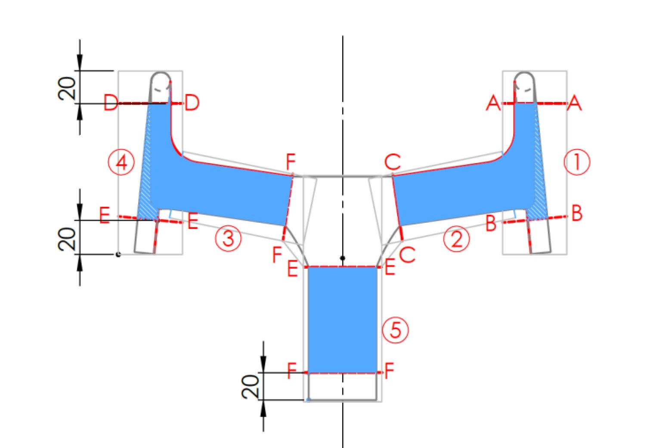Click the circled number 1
pyautogui.click(x=576, y=162)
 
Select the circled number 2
pyautogui.click(x=456, y=239)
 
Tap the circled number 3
pyautogui.click(x=228, y=238)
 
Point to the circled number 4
pyautogui.click(x=121, y=163)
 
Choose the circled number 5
pyautogui.click(x=395, y=330)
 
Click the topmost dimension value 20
pyautogui.click(x=67, y=88)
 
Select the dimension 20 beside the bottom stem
pyautogui.click(x=250, y=386)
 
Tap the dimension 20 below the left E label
pyautogui.click(x=67, y=239)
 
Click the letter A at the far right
pyautogui.click(x=574, y=103)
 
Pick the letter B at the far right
pyautogui.click(x=576, y=213)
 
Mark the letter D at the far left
pyautogui.click(x=111, y=103)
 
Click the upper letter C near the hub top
pyautogui.click(x=393, y=163)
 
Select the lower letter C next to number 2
pyautogui.click(x=407, y=255)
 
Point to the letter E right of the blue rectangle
pyautogui.click(x=390, y=268)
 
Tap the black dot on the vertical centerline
pyautogui.click(x=343, y=258)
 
